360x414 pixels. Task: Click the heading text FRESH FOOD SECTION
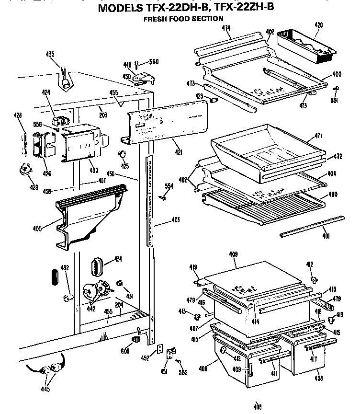point(184,19)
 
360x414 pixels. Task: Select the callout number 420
point(318,24)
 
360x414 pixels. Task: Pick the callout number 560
point(154,61)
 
